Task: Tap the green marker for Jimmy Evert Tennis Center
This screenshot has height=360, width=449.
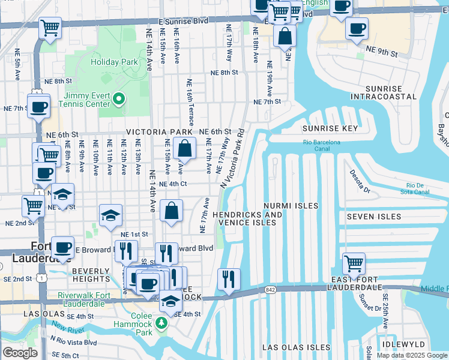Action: [119, 99]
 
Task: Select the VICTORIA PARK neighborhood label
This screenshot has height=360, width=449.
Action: [159, 132]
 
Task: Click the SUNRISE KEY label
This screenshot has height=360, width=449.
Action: [330, 128]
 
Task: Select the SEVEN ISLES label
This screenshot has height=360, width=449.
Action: [370, 216]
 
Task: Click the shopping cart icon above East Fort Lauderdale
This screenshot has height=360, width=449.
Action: [354, 263]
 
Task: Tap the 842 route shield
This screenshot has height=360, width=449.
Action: [268, 290]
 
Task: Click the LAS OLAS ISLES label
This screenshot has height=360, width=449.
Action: [297, 347]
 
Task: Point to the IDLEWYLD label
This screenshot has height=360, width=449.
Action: [406, 344]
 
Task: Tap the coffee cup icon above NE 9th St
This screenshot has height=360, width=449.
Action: [357, 28]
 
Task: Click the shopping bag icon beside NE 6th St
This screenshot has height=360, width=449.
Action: [185, 148]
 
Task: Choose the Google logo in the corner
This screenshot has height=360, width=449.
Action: [20, 353]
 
